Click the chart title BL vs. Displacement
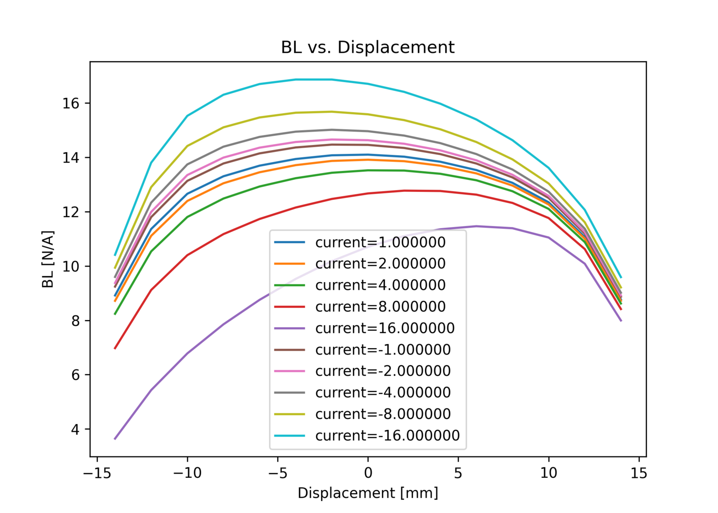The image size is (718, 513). [x=368, y=47]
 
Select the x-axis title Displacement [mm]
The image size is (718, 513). [x=368, y=493]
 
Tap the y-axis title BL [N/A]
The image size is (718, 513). [x=48, y=259]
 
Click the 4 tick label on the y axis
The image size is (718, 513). [x=76, y=429]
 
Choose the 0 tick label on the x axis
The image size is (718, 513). [x=368, y=473]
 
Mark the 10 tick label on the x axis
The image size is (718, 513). [x=548, y=473]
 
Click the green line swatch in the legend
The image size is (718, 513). [x=289, y=285]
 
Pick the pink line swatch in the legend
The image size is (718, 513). [x=289, y=371]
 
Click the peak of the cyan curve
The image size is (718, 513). [x=314, y=79]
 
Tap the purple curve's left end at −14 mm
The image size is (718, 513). [x=115, y=439]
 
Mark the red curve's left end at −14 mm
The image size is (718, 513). [x=115, y=348]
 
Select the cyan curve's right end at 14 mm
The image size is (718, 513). [x=621, y=277]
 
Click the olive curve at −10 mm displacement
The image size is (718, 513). [x=187, y=146]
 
